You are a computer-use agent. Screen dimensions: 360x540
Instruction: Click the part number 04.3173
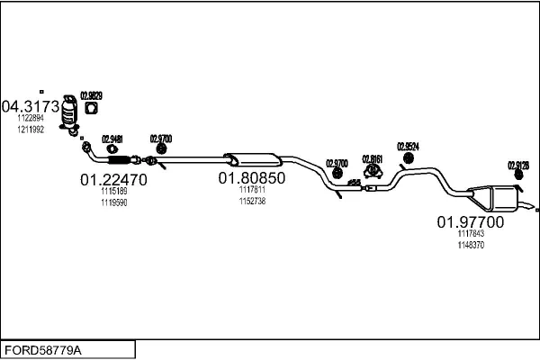(33, 107)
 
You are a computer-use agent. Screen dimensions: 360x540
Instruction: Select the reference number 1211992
(30, 129)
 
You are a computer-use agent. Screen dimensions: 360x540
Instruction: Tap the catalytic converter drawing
(70, 118)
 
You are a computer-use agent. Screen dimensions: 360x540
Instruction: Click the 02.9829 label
(91, 95)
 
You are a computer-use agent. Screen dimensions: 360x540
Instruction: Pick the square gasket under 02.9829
(91, 110)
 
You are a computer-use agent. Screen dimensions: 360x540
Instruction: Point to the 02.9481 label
(112, 139)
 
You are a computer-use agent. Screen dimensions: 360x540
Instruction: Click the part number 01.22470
(113, 179)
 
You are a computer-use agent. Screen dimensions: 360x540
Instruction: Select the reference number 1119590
(113, 202)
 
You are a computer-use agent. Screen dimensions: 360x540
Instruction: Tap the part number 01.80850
(251, 178)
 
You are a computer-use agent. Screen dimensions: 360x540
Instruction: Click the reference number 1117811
(252, 190)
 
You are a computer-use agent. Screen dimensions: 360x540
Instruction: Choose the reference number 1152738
(252, 202)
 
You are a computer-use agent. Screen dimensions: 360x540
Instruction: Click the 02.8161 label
(372, 159)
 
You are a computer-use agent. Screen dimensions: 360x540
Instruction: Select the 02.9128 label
(518, 165)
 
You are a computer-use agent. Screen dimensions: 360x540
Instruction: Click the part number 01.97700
(471, 221)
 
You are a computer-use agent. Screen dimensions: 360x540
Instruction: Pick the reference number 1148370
(471, 245)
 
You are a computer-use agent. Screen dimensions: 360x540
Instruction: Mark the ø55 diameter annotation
(354, 183)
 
